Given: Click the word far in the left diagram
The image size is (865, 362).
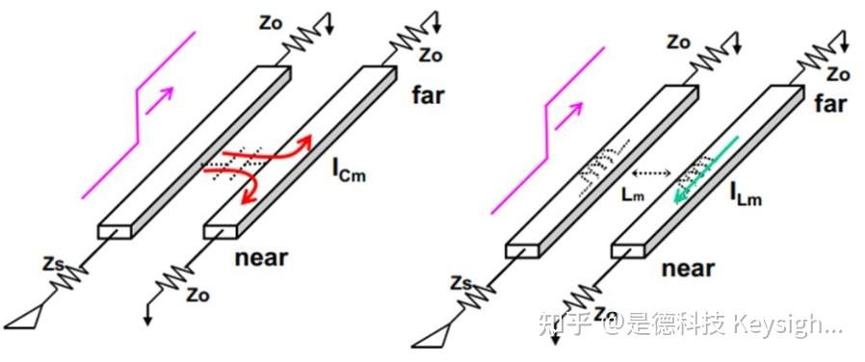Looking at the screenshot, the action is coord(428,96).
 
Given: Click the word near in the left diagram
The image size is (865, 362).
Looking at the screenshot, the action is coord(261,257).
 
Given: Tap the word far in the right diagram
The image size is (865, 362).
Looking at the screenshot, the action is coord(830,104).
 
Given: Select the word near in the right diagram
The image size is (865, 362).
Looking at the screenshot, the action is coord(688,269).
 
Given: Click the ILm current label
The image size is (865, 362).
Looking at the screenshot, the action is coord(746,194).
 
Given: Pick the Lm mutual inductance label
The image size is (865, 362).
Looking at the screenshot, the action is coord(632,194).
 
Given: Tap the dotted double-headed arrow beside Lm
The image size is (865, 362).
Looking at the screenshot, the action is coord(651,174).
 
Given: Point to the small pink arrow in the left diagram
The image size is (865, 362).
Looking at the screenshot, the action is coord(160,100).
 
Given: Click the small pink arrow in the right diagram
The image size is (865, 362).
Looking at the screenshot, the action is coord(568,116).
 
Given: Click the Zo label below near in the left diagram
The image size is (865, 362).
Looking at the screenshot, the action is coord(197,295).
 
